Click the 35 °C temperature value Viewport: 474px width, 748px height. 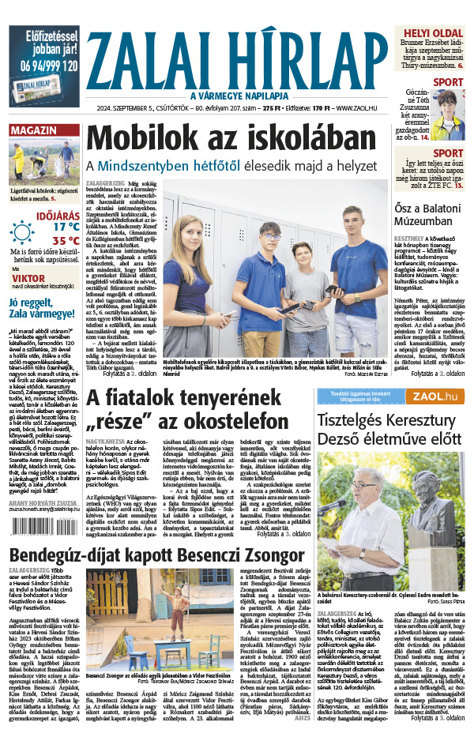pyautogui.click(x=66, y=241)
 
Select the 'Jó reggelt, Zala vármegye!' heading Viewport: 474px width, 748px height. pyautogui.click(x=43, y=306)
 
